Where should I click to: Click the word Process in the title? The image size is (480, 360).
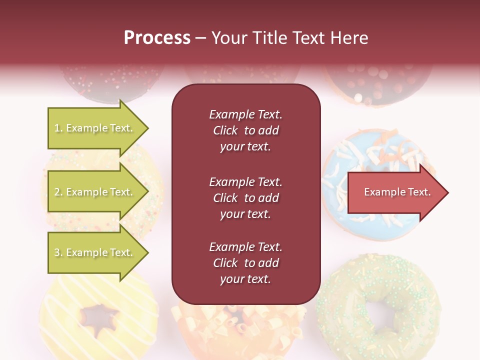[x=157, y=38]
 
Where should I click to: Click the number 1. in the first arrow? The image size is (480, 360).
[x=58, y=128]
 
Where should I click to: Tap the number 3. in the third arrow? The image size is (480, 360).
[x=58, y=253]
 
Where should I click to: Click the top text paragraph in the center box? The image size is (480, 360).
[x=245, y=130]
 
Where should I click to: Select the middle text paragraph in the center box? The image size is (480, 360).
[x=245, y=198]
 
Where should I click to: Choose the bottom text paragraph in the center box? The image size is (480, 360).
[x=245, y=263]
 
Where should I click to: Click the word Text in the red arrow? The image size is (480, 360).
[x=419, y=192]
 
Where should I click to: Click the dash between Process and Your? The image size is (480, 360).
[x=200, y=38]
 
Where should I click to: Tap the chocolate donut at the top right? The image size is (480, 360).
[x=378, y=80]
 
